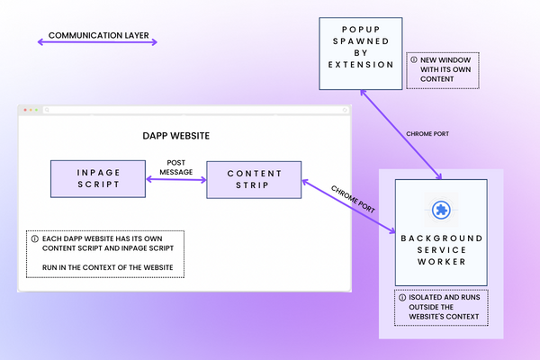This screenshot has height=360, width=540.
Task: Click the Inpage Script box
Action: pyautogui.click(x=97, y=180)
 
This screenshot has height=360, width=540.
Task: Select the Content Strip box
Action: pyautogui.click(x=254, y=180)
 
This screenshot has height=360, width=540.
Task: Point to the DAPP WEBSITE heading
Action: pyautogui.click(x=176, y=136)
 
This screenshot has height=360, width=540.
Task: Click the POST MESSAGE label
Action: pyautogui.click(x=176, y=168)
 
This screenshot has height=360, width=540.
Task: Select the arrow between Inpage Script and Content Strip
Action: pyautogui.click(x=176, y=181)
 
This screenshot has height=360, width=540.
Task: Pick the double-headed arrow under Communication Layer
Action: pyautogui.click(x=96, y=41)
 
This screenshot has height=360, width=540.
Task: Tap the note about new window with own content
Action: pyautogui.click(x=443, y=69)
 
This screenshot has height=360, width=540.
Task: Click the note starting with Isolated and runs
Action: pyautogui.click(x=441, y=309)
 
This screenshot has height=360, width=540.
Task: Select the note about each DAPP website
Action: pyautogui.click(x=105, y=253)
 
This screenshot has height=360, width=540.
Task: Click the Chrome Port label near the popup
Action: pyautogui.click(x=427, y=132)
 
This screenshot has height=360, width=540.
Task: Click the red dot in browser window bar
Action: pyautogui.click(x=24, y=110)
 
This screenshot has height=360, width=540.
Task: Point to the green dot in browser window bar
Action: pyautogui.click(x=35, y=110)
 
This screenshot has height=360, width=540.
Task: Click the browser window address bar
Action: pyautogui.click(x=193, y=110)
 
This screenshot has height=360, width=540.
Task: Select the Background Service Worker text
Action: pyautogui.click(x=441, y=247)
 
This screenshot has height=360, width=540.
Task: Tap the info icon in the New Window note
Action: pyautogui.click(x=413, y=60)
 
